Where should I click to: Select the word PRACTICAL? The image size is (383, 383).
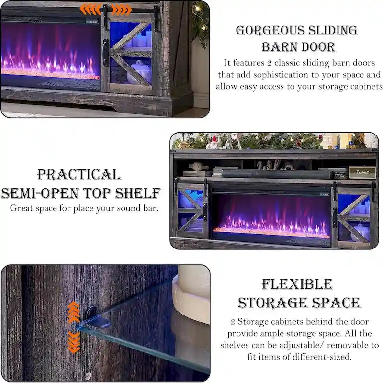click(x=79, y=174)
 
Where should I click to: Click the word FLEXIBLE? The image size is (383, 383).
click(x=297, y=284)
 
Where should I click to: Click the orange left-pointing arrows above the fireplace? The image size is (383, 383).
click(x=90, y=9)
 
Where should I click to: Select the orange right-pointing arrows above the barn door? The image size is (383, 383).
click(x=121, y=9)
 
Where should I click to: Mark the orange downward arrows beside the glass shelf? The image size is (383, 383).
click(x=74, y=343)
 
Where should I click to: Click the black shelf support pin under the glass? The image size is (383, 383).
click(x=94, y=316)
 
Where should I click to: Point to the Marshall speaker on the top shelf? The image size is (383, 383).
click(x=361, y=173)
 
